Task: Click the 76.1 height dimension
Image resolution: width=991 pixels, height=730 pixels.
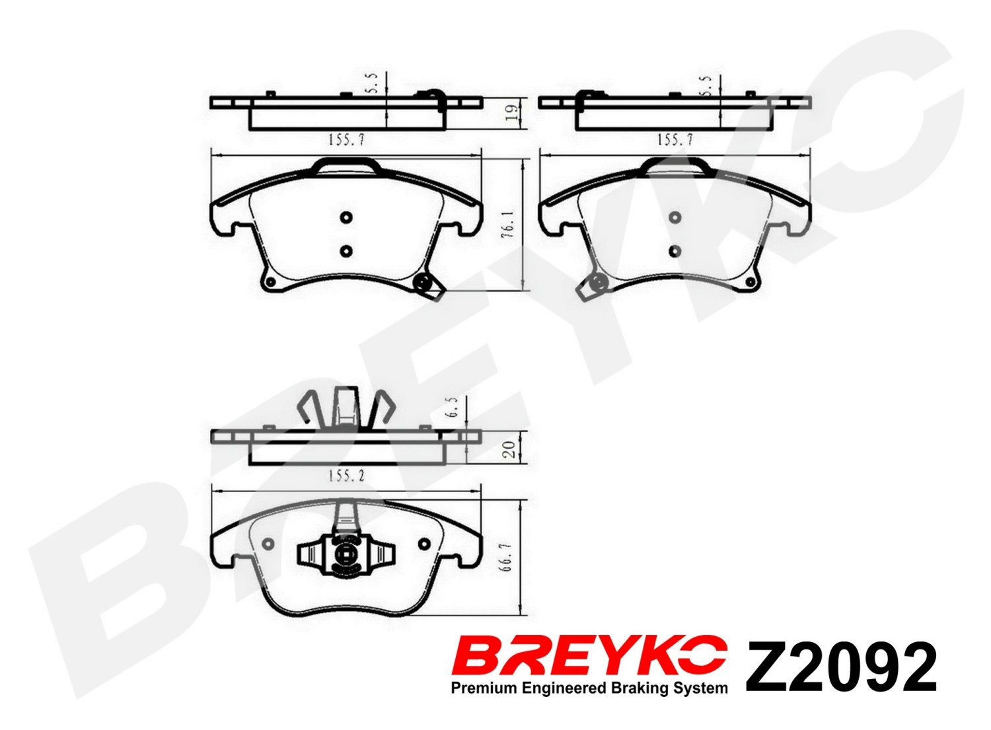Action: [509, 226]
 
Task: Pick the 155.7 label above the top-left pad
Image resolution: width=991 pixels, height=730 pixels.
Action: [346, 140]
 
